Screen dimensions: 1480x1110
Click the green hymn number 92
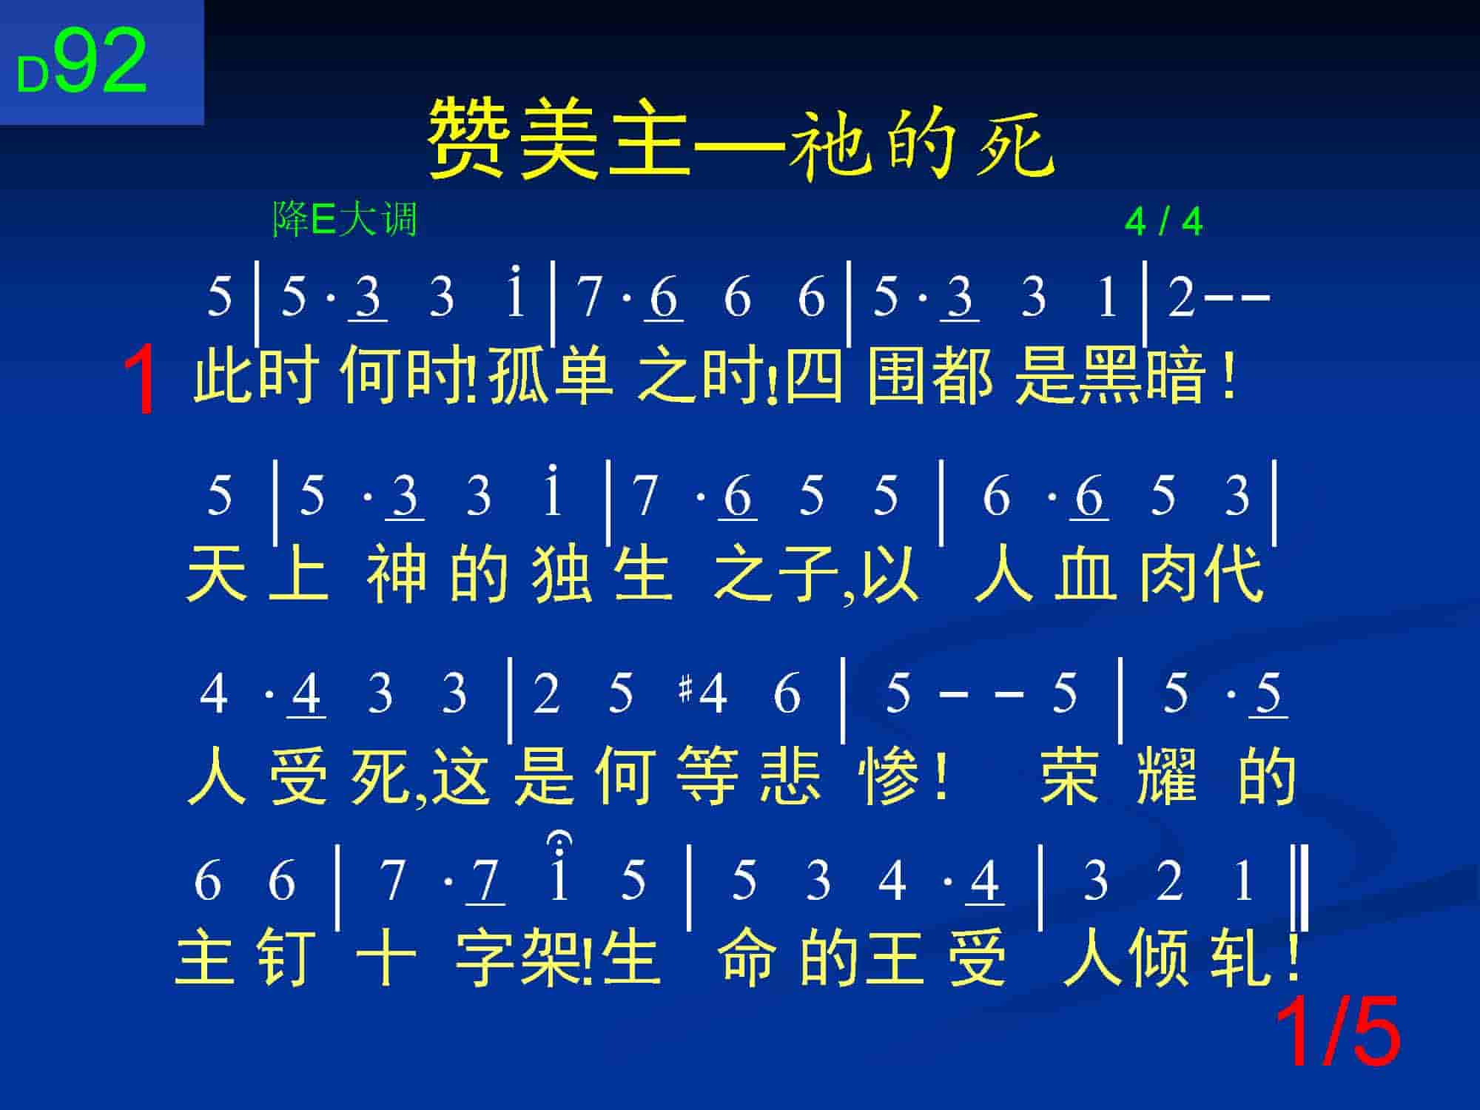pos(101,62)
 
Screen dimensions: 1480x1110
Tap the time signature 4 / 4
pos(1163,221)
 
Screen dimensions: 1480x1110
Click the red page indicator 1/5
pos(1338,1031)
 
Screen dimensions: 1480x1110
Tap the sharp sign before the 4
pos(684,690)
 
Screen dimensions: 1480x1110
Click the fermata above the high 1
pos(559,840)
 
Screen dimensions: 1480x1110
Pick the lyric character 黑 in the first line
pos(1111,377)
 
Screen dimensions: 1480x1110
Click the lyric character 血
pos(1085,573)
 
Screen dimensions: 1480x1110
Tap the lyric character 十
pos(386,958)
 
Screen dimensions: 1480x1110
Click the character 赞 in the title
pos(470,141)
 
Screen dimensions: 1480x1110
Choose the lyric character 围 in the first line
pos(898,377)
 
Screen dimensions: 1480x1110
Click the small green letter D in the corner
pos(33,75)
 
